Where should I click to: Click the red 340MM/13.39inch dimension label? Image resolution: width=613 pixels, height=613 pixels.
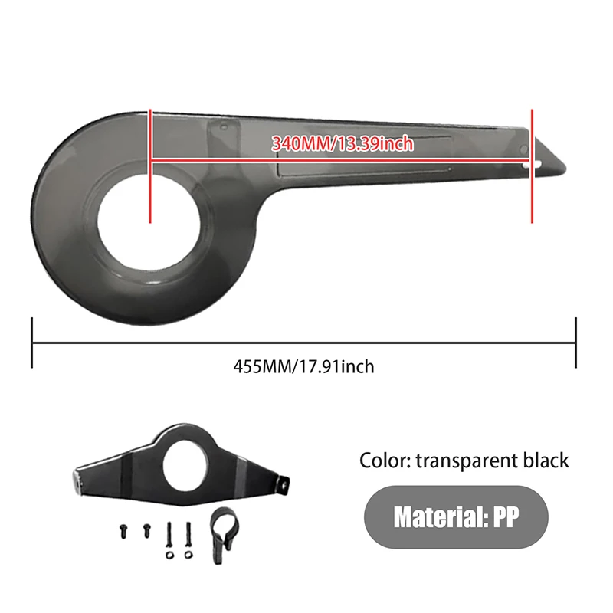(343, 143)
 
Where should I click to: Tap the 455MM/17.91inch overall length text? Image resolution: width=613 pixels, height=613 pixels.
(303, 366)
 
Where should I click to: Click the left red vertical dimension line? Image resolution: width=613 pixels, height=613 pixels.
(150, 165)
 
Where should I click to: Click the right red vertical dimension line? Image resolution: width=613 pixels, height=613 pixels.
(532, 165)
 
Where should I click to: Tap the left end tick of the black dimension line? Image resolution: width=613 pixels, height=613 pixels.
(31, 343)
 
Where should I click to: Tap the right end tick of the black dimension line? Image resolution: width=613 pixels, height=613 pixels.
(575, 343)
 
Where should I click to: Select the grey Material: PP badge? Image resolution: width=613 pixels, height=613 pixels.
(456, 517)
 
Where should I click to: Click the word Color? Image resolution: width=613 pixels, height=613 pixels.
(386, 460)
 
